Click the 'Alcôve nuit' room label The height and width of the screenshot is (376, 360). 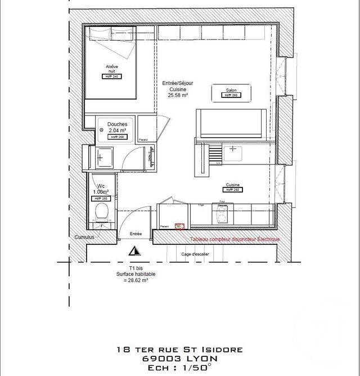[112, 69]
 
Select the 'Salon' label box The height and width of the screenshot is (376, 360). [231, 90]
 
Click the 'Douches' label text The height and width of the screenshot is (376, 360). [117, 124]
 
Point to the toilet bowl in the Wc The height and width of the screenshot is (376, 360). [101, 213]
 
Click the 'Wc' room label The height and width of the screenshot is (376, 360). [101, 186]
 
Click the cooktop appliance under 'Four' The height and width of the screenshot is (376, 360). [223, 214]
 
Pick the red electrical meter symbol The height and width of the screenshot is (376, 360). [180, 227]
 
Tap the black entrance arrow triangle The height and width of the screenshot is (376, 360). [134, 252]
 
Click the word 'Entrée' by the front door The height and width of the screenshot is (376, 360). [136, 234]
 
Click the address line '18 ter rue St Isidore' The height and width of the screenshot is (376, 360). [180, 350]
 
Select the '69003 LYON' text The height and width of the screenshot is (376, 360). [180, 358]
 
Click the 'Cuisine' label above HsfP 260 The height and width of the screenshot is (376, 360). [233, 184]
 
